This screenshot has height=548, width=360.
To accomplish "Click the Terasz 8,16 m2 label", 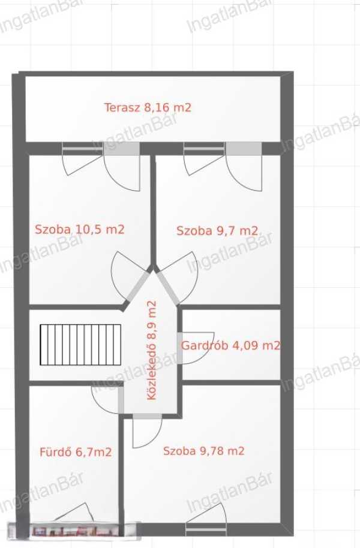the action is click(x=148, y=107).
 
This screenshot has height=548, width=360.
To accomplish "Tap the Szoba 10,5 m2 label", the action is click(x=80, y=230).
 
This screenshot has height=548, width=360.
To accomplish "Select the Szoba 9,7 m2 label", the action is click(x=217, y=231).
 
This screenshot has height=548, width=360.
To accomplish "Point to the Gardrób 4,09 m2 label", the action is click(x=231, y=345).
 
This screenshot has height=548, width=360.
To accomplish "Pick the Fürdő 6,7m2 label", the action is click(x=76, y=452).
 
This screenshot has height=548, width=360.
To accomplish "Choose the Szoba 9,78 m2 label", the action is click(x=203, y=451).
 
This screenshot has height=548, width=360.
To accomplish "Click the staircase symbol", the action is click(x=80, y=345).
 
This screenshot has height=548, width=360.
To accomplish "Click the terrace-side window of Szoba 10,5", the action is click(x=83, y=149).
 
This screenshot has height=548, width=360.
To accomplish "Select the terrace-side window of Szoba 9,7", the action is click(x=205, y=149).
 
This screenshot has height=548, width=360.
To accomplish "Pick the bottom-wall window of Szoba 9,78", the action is click(x=206, y=529).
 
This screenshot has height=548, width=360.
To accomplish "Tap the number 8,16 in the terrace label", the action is click(x=157, y=107).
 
